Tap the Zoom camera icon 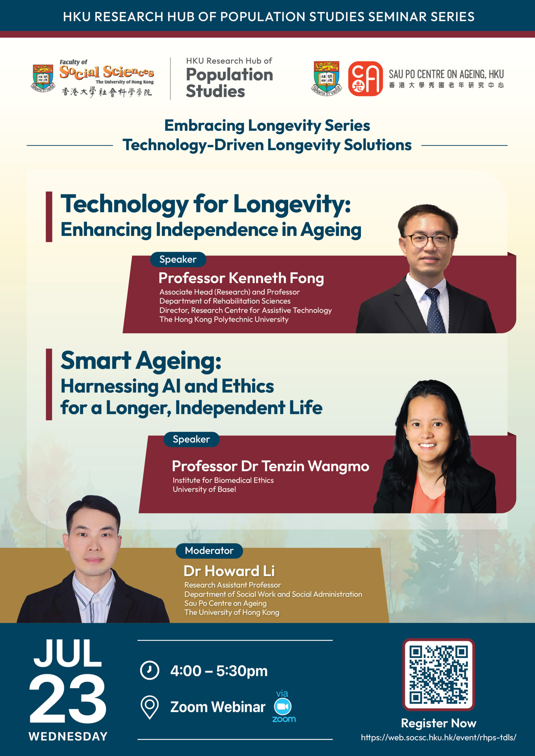tap(283, 707)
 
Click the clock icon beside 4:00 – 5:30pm tap(150, 670)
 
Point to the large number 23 tap(68, 699)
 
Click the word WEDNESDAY tap(68, 736)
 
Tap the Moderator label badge tap(209, 550)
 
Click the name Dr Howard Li tap(229, 571)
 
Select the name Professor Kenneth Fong tap(241, 278)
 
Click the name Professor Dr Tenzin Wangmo tap(270, 466)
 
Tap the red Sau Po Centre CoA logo tap(365, 79)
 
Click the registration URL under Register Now tap(438, 737)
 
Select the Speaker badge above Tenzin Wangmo tap(191, 439)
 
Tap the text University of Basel tap(204, 489)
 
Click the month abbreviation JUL tap(68, 654)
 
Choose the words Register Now tap(438, 723)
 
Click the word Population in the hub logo tap(230, 74)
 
